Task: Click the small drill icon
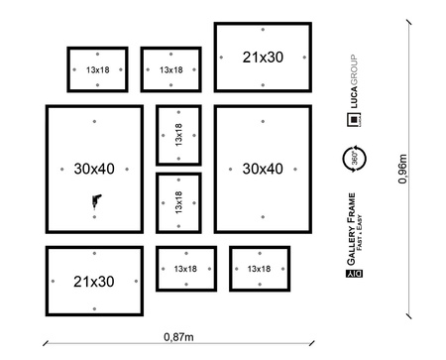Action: [96, 201]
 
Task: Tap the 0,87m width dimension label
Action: [178, 337]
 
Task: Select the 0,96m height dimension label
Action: [402, 169]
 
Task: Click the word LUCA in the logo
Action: [354, 97]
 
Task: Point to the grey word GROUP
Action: [354, 70]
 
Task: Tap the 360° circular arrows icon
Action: [355, 159]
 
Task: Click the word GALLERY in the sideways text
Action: [351, 246]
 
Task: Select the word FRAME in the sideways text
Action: [351, 209]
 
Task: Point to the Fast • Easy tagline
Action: [359, 233]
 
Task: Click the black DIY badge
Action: [354, 274]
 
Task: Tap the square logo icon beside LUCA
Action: [354, 119]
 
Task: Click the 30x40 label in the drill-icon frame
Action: [94, 169]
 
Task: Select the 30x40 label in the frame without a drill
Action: [263, 169]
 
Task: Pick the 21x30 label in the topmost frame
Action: [263, 58]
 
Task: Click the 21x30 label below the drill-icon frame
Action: [94, 282]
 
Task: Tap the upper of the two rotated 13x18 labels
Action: [178, 135]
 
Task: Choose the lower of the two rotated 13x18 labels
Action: [178, 202]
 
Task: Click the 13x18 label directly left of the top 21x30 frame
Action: [171, 69]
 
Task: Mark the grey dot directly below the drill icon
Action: [94, 217]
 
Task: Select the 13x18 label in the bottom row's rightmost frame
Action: [259, 269]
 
